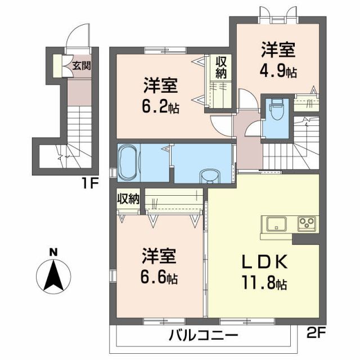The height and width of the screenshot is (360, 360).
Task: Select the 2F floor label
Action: [316, 332]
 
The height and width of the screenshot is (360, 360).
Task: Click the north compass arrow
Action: [52, 277]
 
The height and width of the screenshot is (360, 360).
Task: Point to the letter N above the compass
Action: [52, 252]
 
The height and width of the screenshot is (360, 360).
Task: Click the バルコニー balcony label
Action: [203, 336]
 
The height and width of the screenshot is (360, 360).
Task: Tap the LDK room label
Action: [265, 262]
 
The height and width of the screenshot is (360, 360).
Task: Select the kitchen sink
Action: [276, 223]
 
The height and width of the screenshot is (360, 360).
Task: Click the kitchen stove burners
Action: [308, 223]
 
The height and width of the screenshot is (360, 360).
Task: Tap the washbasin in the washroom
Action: [209, 177]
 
